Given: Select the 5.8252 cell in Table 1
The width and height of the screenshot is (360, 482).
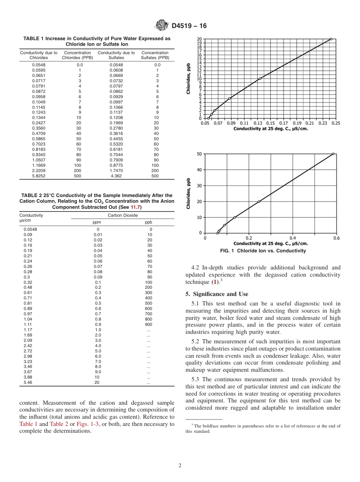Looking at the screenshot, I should pyautogui.click(x=39, y=176).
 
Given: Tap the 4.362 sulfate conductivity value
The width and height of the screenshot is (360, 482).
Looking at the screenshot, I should pyautogui.click(x=116, y=176).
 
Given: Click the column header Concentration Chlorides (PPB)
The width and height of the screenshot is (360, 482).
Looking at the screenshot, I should pyautogui.click(x=77, y=55).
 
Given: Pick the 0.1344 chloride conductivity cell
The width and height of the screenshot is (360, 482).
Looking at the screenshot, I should pyautogui.click(x=39, y=117).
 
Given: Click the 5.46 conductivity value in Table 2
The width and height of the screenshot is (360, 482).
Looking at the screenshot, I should pyautogui.click(x=28, y=383).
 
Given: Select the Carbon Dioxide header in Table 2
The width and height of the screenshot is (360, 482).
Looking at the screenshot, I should pyautogui.click(x=122, y=215).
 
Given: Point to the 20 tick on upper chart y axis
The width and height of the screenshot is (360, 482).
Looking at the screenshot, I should pyautogui.click(x=199, y=39).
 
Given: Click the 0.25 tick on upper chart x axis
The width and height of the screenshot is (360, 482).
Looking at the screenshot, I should pyautogui.click(x=336, y=123).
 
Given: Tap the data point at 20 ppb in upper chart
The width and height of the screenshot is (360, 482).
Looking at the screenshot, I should pyautogui.click(x=331, y=39).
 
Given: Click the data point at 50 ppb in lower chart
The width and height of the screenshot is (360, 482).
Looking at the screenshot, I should pyautogui.click(x=333, y=154).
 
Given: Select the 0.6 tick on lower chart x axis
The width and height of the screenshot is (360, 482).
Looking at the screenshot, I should pyautogui.click(x=336, y=238).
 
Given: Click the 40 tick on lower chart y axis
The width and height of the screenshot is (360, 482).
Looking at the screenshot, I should pyautogui.click(x=199, y=170).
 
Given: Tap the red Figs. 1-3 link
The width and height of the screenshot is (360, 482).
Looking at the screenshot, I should pyautogui.click(x=88, y=424).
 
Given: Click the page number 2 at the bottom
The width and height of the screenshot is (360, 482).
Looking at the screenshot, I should pyautogui.click(x=180, y=466).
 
